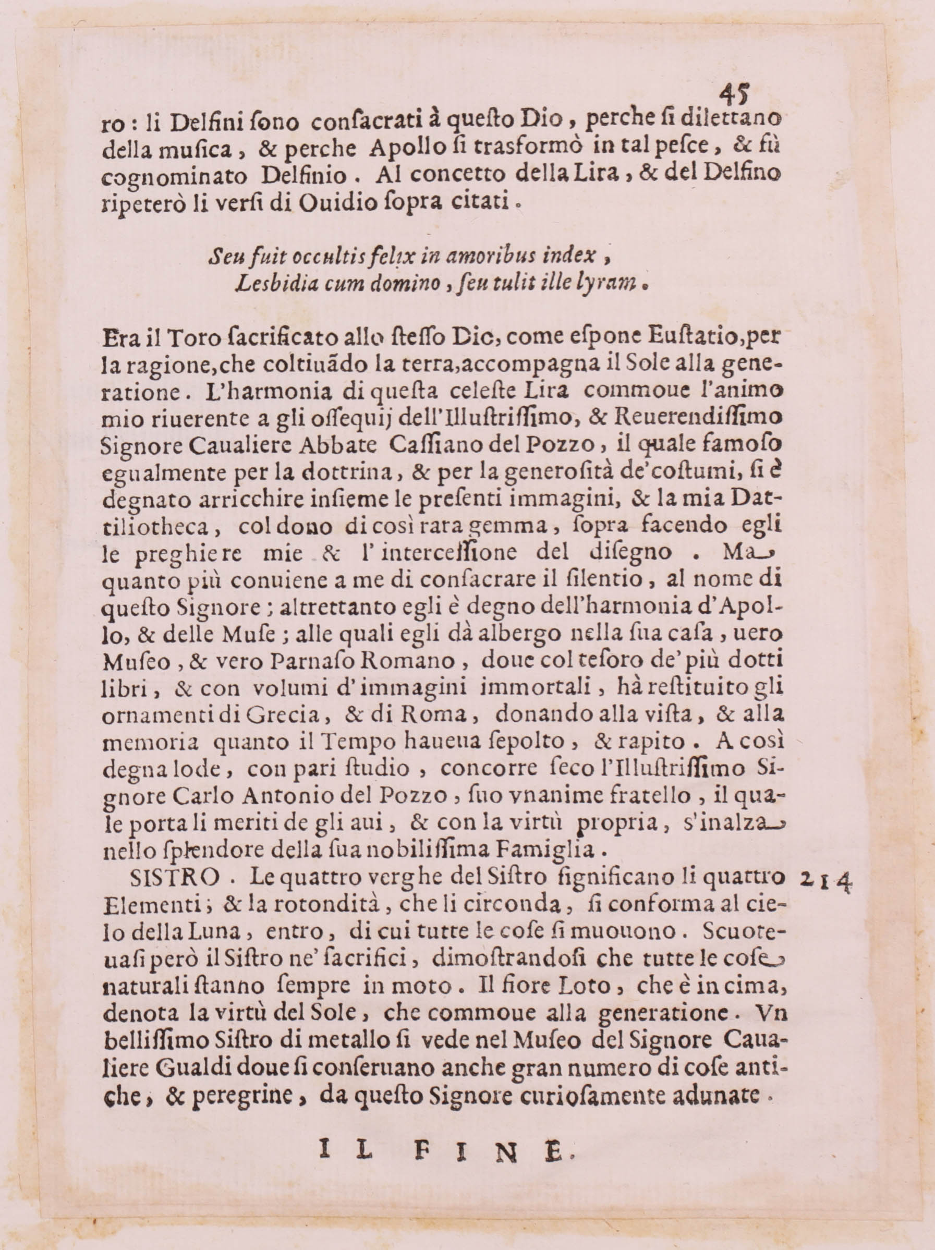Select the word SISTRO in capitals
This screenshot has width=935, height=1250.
pyautogui.click(x=174, y=878)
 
